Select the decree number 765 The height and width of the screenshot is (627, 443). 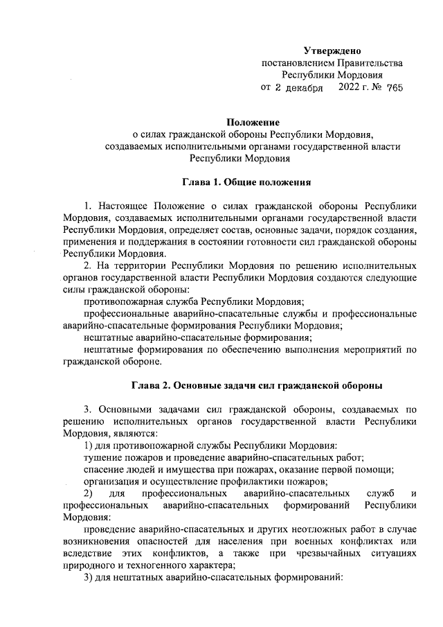[395, 88]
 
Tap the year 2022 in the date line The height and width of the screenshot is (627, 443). [350, 88]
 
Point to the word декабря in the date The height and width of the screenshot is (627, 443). [304, 88]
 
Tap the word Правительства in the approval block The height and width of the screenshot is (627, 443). [372, 63]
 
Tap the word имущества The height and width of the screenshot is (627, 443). [178, 469]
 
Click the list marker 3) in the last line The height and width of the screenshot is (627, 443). [87, 577]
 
